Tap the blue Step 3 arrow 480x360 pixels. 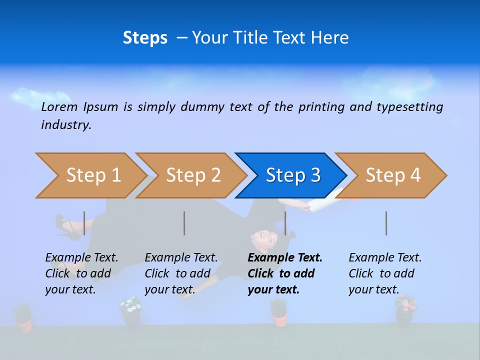click(292, 175)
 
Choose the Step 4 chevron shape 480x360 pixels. click(392, 175)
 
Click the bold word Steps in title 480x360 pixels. click(145, 38)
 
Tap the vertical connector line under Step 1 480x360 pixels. click(84, 223)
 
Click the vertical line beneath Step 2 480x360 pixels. click(184, 223)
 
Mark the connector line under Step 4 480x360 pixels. click(386, 223)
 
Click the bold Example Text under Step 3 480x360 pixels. click(285, 258)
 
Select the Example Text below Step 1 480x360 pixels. click(81, 258)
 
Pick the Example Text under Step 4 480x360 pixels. click(385, 258)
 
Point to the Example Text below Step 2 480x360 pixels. click(181, 258)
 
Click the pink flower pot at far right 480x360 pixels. click(405, 308)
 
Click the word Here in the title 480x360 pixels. click(329, 38)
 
